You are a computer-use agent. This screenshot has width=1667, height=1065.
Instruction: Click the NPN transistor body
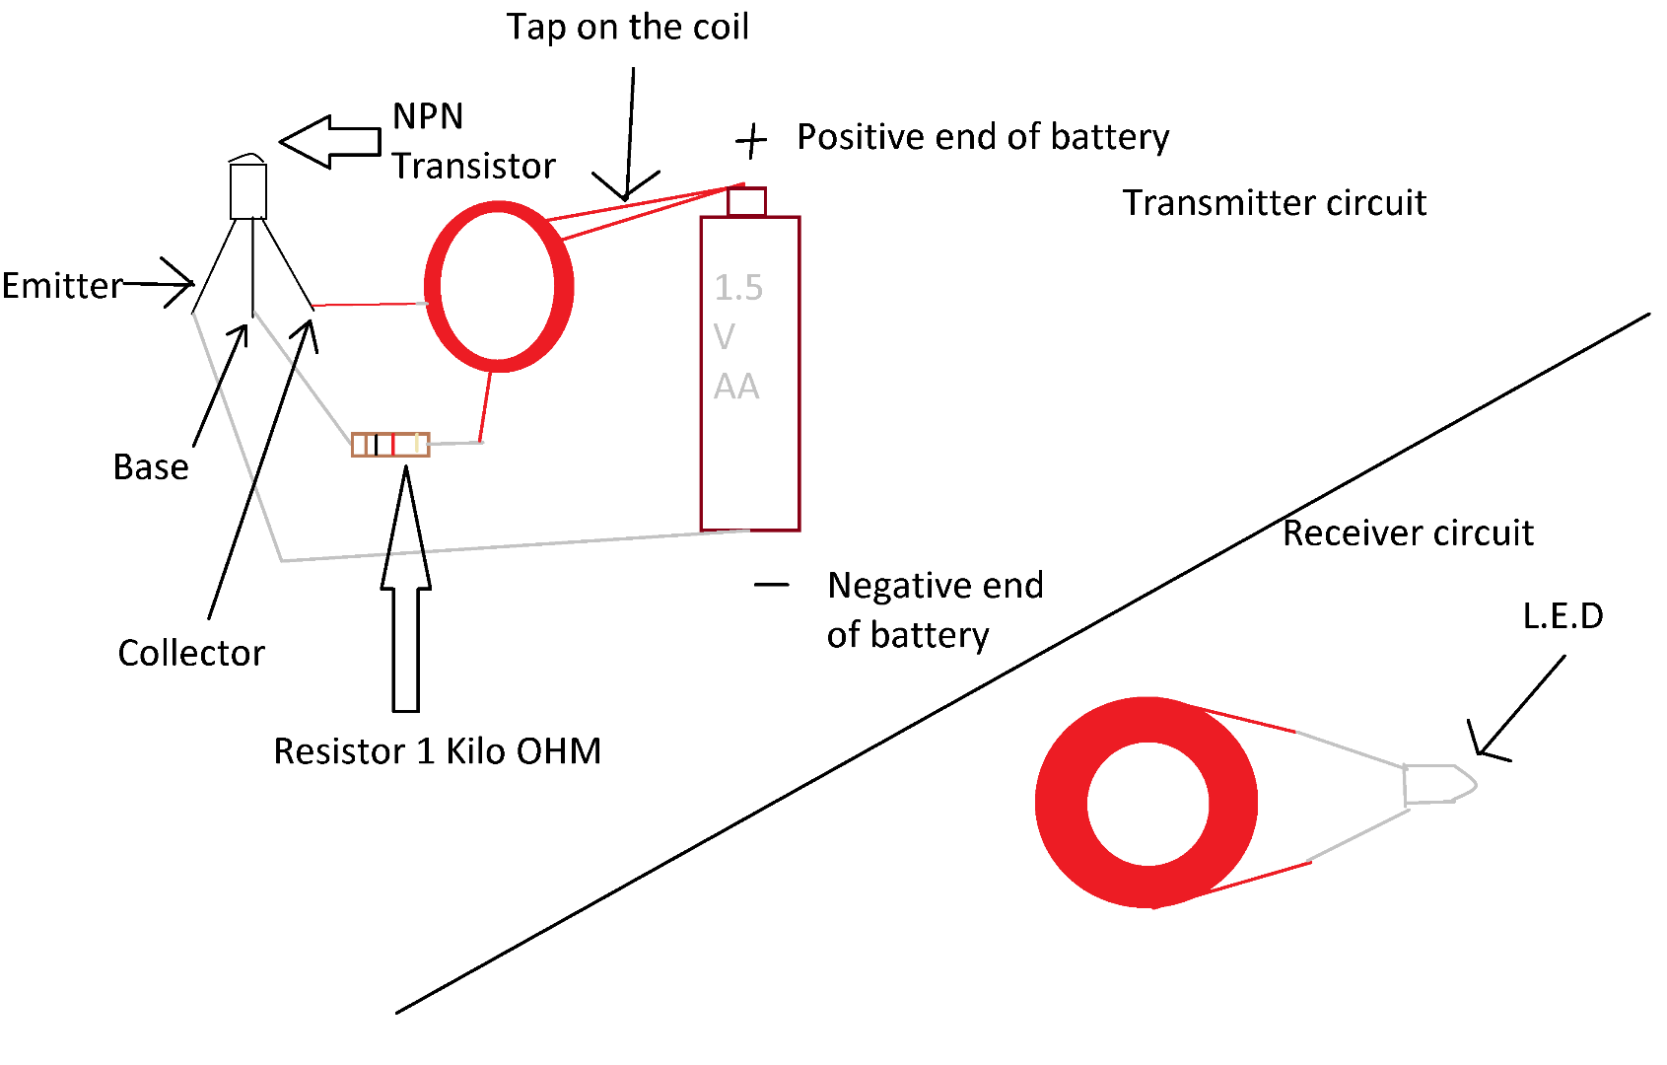[247, 190]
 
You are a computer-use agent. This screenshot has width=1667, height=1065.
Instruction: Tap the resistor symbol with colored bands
[390, 445]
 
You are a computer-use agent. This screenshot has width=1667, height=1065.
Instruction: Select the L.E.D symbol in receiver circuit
[1437, 784]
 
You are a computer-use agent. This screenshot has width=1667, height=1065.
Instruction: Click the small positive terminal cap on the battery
[746, 201]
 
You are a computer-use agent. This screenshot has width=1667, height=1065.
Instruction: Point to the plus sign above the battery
[751, 141]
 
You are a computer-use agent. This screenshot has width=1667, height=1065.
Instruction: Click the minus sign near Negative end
[771, 585]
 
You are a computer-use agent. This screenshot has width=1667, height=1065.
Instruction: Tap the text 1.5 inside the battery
[738, 287]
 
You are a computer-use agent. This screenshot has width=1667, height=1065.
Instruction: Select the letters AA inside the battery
[736, 386]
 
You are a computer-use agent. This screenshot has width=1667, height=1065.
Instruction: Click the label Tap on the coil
[627, 27]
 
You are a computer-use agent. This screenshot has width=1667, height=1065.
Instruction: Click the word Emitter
[61, 286]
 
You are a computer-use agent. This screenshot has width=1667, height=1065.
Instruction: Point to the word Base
[151, 466]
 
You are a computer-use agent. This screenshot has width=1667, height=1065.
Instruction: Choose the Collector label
[191, 653]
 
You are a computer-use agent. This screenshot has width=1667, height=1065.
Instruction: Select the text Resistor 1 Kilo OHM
[437, 751]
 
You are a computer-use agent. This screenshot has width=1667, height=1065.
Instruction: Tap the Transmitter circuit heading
[1274, 203]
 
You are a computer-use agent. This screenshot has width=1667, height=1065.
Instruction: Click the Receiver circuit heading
[1407, 533]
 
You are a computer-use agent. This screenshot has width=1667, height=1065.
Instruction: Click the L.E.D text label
[1563, 616]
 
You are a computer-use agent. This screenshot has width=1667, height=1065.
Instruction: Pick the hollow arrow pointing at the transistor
[330, 142]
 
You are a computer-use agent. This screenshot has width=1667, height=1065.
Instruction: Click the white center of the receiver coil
[1148, 803]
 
